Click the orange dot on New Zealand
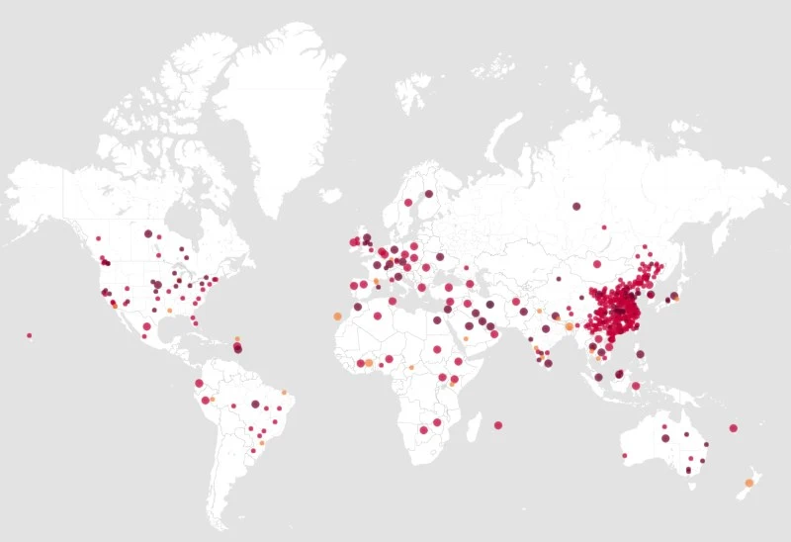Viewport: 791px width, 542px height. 748,483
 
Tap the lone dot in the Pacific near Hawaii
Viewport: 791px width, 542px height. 29,335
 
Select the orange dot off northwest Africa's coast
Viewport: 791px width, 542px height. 337,316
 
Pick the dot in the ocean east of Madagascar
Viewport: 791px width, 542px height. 498,425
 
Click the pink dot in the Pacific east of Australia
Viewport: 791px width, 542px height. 733,428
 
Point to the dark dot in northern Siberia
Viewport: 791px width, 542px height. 575,207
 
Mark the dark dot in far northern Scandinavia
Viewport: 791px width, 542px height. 429,194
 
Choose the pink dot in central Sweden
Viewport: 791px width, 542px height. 407,203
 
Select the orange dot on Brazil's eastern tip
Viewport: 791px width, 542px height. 284,393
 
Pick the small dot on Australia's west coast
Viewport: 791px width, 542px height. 624,456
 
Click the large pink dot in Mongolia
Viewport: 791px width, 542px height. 597,264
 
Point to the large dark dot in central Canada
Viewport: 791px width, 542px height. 148,234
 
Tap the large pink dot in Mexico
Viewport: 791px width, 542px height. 147,326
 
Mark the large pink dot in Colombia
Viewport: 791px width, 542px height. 199,383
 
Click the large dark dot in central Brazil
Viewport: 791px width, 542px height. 255,405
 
